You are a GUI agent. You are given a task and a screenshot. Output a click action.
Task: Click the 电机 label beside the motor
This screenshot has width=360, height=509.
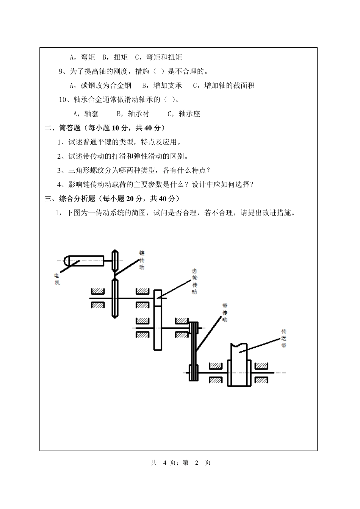coord(57,279)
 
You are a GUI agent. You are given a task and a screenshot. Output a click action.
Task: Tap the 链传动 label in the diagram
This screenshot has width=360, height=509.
coord(142,260)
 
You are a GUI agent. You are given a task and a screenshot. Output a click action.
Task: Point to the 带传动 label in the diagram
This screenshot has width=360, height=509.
coord(225,312)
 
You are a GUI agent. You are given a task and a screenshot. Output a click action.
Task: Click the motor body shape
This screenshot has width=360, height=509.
coord(83,261)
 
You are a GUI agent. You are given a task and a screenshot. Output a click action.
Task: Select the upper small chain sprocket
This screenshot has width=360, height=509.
coord(115,261)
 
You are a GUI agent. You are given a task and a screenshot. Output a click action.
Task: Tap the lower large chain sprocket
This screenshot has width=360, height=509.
coord(115,298)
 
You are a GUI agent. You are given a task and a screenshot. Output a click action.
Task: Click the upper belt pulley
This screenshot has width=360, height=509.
coord(194,328)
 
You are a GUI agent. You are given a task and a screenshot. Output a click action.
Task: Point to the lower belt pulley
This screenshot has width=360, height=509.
coord(193,373)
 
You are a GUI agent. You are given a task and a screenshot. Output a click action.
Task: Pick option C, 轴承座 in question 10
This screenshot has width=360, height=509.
coord(184,114)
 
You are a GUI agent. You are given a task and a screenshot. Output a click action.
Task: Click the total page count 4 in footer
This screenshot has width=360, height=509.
coord(164,462)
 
